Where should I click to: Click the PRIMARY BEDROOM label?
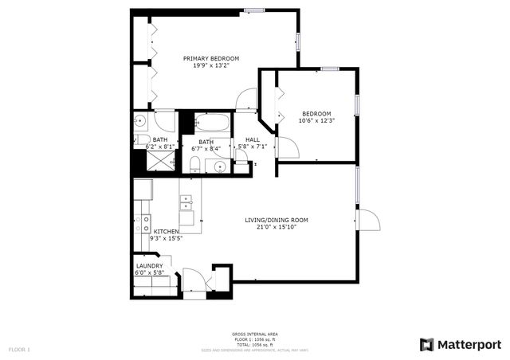[x=211, y=58]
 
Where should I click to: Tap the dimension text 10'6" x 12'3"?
[x=316, y=121]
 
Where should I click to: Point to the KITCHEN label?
[x=167, y=231]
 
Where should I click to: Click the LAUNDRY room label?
[x=149, y=266]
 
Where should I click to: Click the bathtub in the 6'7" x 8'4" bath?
[x=213, y=123]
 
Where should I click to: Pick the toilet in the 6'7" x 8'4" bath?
[x=194, y=164]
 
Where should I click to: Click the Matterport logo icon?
[x=427, y=344]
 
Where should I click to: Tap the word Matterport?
[x=469, y=344]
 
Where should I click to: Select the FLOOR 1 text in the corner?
[x=19, y=350]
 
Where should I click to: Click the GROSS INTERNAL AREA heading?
[x=254, y=334]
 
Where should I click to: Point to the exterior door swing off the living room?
[x=368, y=221]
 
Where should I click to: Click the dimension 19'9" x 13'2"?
[x=211, y=66]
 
